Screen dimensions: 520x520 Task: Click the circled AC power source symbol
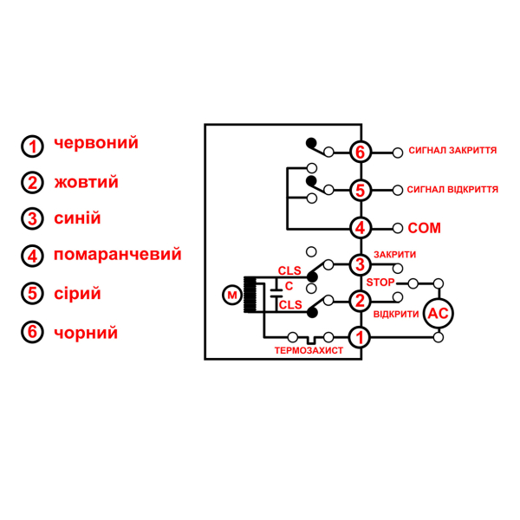click(x=436, y=314)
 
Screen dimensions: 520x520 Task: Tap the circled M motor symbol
click(x=231, y=296)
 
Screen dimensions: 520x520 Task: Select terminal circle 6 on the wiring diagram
click(x=361, y=152)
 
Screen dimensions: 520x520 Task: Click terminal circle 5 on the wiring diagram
click(x=361, y=190)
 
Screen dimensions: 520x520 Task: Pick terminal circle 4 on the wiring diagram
click(x=361, y=228)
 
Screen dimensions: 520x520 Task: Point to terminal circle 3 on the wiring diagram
click(x=361, y=263)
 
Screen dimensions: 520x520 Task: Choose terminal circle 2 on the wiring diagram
click(x=361, y=301)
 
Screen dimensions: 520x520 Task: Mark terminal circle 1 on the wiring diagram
click(x=361, y=335)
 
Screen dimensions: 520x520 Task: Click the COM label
click(x=424, y=228)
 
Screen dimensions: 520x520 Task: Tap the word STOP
click(x=380, y=283)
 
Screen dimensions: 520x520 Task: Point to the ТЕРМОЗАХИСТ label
click(x=309, y=351)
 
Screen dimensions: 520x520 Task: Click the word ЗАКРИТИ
click(x=395, y=255)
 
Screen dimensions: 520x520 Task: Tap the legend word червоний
click(x=95, y=143)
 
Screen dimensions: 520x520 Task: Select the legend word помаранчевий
click(x=117, y=255)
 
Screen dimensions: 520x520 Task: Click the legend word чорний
click(x=86, y=332)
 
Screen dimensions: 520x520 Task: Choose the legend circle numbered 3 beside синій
click(x=33, y=218)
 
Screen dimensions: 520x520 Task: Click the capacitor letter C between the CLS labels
click(x=288, y=285)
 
